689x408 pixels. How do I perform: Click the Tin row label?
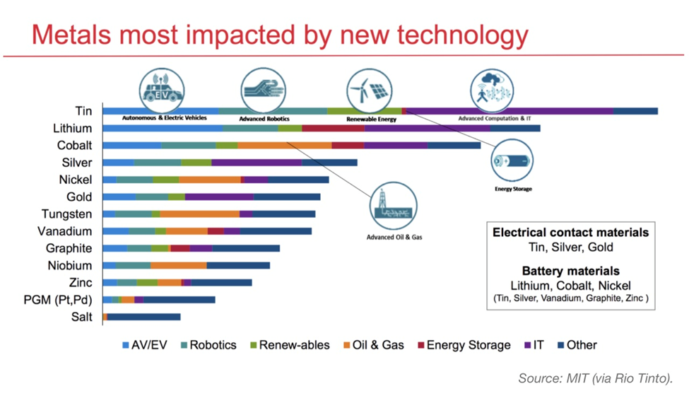83,111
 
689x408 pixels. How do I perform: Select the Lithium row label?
72,129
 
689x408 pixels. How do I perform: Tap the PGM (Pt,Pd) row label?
57,300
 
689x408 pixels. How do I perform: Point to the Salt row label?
81,317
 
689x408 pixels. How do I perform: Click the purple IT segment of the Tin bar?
509,111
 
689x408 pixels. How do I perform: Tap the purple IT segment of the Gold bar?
219,197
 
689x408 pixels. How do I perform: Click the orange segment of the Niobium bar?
178,265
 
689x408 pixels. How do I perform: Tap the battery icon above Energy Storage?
512,161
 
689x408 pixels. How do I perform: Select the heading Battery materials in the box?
570,271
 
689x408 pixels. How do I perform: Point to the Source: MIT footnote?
601,379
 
